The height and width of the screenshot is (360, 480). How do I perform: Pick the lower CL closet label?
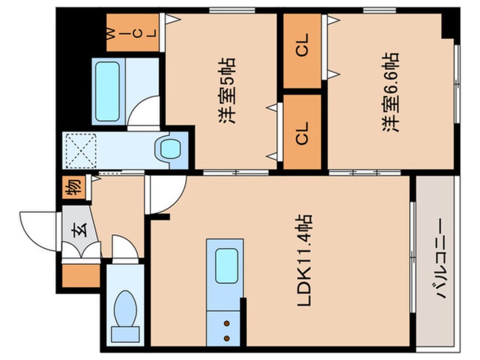click(x=302, y=133)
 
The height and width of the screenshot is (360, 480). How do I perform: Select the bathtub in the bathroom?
click(x=107, y=91)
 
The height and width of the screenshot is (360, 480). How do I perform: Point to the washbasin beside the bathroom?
click(x=169, y=149)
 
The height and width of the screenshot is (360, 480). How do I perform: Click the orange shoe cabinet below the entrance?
click(x=80, y=275)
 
